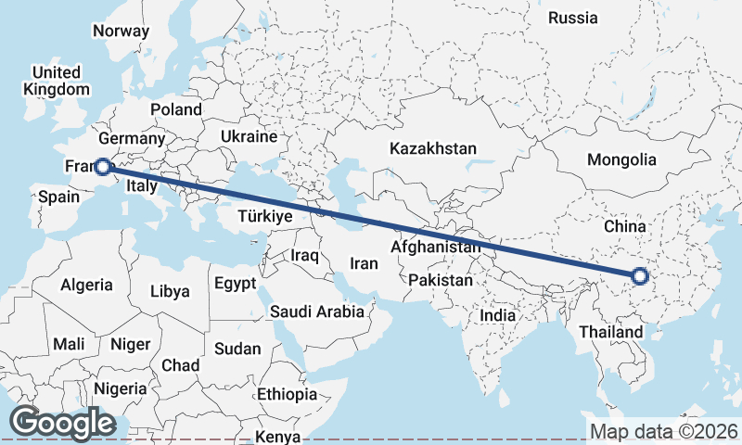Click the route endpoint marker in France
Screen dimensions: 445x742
(x=103, y=167)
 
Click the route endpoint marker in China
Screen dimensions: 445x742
(x=639, y=274)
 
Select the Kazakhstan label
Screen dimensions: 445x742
(x=433, y=148)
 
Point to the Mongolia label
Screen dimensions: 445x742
(x=621, y=159)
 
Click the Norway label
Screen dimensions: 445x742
(x=121, y=31)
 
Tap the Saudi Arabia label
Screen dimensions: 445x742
(x=317, y=311)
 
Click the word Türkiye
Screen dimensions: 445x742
(x=265, y=215)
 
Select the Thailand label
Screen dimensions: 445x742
(x=610, y=332)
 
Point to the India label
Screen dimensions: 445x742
(x=498, y=315)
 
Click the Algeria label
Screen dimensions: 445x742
(x=86, y=286)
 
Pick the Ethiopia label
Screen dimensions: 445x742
(x=288, y=394)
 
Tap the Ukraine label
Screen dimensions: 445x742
(x=249, y=136)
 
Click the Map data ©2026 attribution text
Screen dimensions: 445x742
(x=663, y=431)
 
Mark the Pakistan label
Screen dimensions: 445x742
(x=440, y=279)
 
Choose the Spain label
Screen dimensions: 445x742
(x=58, y=197)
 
